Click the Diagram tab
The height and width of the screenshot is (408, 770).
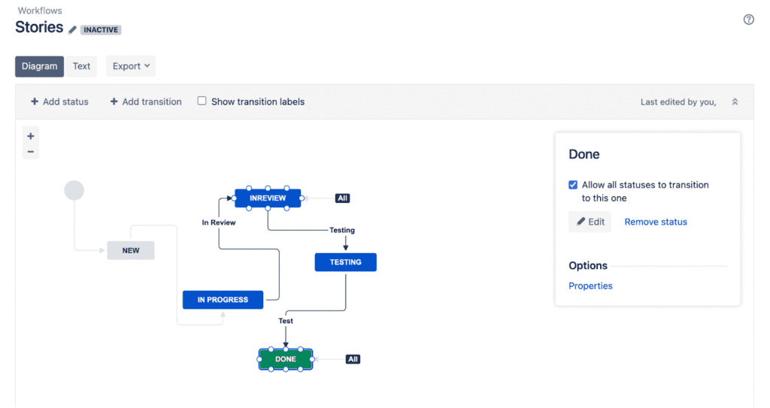pos(39,66)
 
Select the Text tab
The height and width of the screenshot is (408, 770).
pos(81,66)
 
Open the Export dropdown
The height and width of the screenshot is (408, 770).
pos(131,66)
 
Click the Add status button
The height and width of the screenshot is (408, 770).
pos(59,101)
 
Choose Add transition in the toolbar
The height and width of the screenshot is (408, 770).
pos(146,101)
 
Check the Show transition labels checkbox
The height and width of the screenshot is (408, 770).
pos(202,101)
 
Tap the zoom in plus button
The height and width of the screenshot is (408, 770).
pos(31,136)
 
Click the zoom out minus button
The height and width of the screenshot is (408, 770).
pos(31,151)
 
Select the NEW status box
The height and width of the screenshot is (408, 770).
pos(131,250)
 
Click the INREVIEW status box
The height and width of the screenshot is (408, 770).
pos(268,198)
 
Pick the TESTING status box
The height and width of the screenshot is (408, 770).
pos(345,262)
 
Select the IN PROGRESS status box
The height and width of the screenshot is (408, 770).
pos(223,300)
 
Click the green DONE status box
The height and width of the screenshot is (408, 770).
pos(286,359)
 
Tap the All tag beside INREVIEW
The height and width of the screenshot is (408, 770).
pos(343,198)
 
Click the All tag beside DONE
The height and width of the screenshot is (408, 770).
pos(353,359)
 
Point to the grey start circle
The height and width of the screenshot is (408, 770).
pos(74,190)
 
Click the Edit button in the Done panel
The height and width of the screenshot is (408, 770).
pos(590,222)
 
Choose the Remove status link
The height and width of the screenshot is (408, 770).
pos(656,222)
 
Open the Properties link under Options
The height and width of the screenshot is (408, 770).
pos(590,286)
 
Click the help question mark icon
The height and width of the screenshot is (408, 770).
pos(748,20)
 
